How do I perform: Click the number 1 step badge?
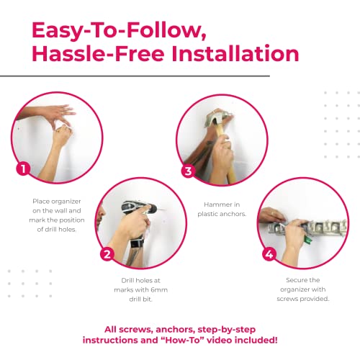(24, 170)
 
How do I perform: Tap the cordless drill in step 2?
(136, 212)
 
